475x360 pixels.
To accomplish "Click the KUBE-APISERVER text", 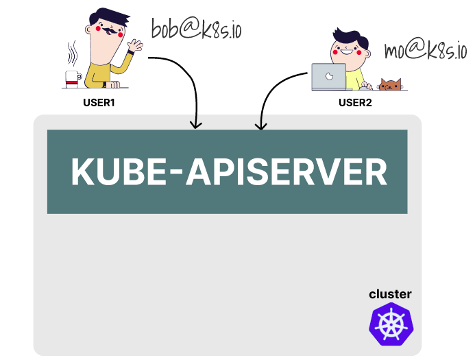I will (x=228, y=172).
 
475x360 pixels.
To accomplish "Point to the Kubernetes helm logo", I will (x=393, y=324).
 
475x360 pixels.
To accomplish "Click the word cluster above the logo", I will (x=390, y=294).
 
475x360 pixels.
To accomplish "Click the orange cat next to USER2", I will (x=390, y=85).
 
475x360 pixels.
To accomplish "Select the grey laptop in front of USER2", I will (x=328, y=77).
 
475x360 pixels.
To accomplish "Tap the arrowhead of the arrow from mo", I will (x=260, y=125).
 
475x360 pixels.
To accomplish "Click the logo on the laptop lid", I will (x=329, y=76).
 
